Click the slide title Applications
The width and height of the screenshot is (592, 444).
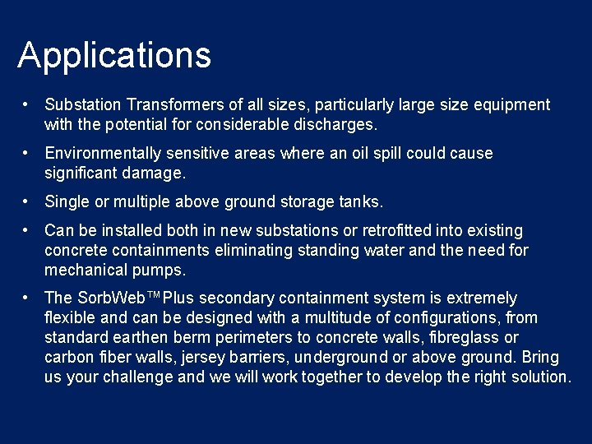114,56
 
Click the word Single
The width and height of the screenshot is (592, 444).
66,201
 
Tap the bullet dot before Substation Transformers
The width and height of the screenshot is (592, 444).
27,105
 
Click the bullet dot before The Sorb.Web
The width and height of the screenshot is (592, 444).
27,298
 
